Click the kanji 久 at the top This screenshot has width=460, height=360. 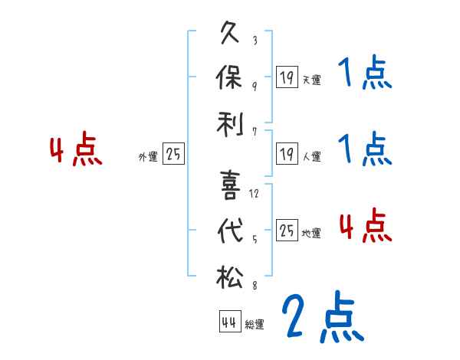(231, 34)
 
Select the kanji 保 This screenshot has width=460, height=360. (231, 77)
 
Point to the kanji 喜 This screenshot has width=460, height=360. (231, 185)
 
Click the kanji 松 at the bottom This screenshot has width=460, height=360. (231, 275)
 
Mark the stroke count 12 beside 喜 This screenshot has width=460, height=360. (255, 194)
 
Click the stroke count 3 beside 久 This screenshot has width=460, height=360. (254, 41)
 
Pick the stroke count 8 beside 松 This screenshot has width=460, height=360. (254, 286)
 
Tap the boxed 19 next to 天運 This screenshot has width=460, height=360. (286, 77)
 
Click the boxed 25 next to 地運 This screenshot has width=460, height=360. (287, 230)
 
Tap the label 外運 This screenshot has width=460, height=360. (148, 157)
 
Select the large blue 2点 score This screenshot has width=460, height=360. (321, 317)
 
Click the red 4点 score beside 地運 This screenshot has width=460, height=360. (365, 226)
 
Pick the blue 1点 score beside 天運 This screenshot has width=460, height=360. (365, 74)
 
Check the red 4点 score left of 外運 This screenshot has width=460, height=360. (76, 150)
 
